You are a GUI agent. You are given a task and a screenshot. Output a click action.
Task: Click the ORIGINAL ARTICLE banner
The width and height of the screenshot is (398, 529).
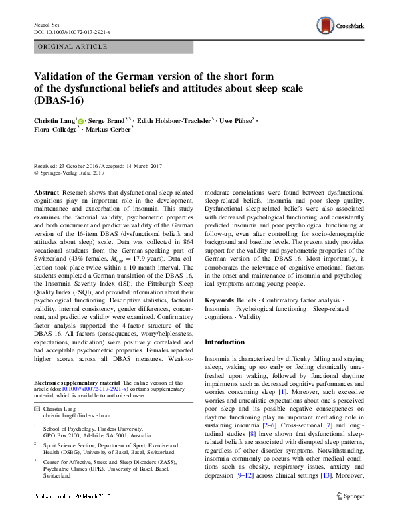coord(74,47)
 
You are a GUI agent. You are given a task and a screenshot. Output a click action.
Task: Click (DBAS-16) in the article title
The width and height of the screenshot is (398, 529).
coord(58,102)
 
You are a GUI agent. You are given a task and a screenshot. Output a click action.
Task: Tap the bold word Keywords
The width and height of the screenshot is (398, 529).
coord(219,301)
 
